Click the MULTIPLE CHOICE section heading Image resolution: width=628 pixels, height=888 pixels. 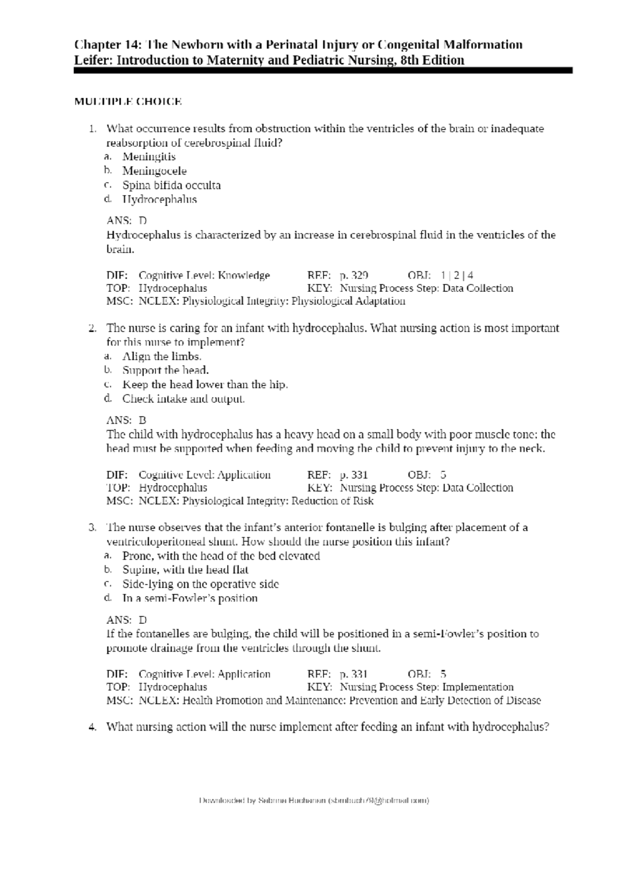(128, 102)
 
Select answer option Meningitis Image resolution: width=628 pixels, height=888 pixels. (149, 157)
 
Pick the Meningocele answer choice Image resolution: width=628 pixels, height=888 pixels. (154, 171)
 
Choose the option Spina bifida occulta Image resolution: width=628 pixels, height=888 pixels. (171, 185)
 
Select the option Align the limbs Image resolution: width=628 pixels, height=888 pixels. (161, 357)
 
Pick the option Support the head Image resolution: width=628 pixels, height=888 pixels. (165, 371)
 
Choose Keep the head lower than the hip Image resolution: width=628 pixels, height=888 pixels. (205, 385)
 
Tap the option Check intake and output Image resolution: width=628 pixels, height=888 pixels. (183, 399)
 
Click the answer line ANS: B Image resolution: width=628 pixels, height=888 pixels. (126, 420)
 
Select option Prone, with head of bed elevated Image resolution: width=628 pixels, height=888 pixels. (221, 556)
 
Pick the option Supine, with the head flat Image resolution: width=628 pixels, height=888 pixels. (185, 570)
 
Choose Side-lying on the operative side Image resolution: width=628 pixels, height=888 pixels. (200, 584)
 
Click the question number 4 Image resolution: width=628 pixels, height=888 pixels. (92, 727)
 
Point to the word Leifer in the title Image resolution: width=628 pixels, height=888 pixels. (93, 61)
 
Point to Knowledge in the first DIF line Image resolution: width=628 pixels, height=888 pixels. (244, 275)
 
